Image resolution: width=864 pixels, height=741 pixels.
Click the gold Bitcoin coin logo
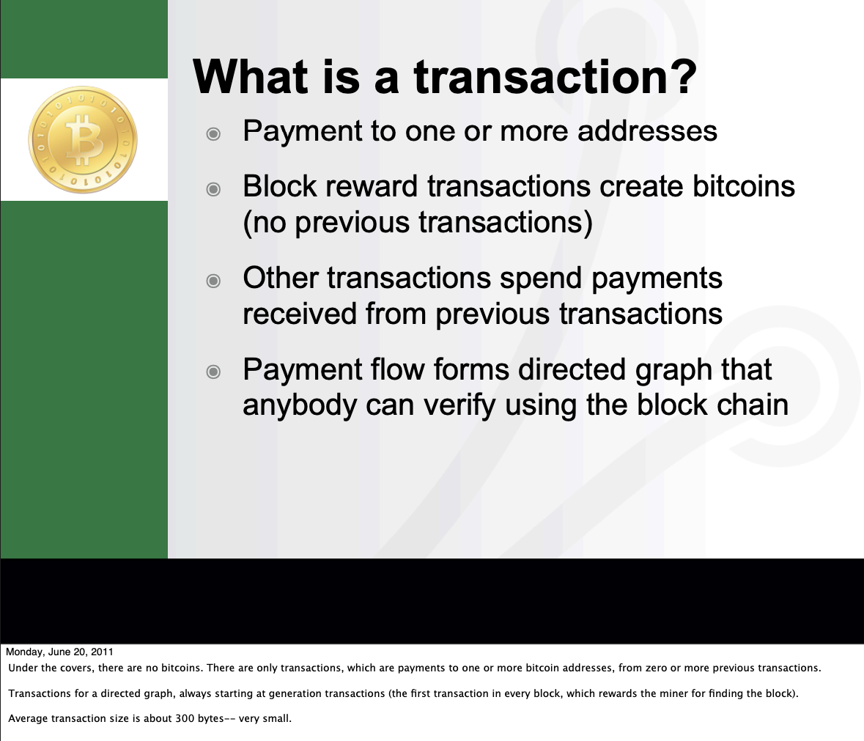click(83, 139)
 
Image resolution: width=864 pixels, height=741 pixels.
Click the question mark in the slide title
click(683, 76)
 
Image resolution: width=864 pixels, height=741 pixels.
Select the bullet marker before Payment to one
click(213, 134)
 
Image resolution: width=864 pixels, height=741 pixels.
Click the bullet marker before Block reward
click(213, 190)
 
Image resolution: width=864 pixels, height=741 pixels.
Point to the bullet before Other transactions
click(213, 281)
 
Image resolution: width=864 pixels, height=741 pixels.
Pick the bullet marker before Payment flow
click(213, 372)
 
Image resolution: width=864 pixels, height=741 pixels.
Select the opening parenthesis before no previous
click(248, 223)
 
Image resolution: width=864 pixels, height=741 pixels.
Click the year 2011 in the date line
click(102, 652)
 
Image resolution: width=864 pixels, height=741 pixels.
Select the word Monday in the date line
click(24, 652)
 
